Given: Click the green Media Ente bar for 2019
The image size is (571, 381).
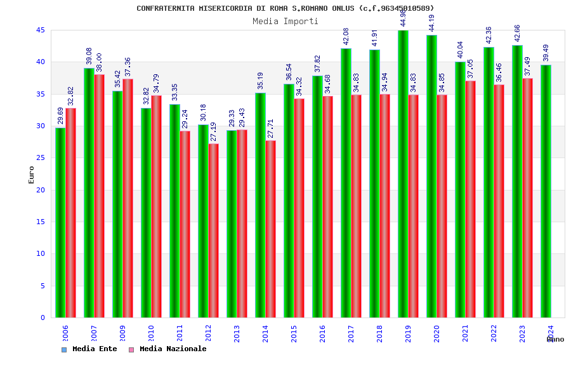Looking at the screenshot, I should [403, 175].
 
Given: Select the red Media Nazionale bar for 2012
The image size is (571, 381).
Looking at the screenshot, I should [214, 231].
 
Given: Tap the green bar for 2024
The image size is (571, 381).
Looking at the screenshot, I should [546, 191].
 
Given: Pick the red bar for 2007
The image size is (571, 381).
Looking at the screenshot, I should [100, 196].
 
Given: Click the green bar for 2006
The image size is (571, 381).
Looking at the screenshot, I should [60, 222].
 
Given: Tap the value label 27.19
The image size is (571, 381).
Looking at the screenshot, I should [214, 131].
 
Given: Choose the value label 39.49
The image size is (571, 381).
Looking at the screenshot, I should [546, 53].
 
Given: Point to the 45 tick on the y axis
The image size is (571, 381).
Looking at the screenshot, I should [41, 30].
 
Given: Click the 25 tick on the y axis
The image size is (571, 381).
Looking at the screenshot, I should [41, 158].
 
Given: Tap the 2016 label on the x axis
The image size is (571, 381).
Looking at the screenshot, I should [323, 334].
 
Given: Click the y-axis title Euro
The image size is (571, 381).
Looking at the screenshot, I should [32, 175].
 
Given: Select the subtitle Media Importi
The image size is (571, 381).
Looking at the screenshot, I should [285, 21].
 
